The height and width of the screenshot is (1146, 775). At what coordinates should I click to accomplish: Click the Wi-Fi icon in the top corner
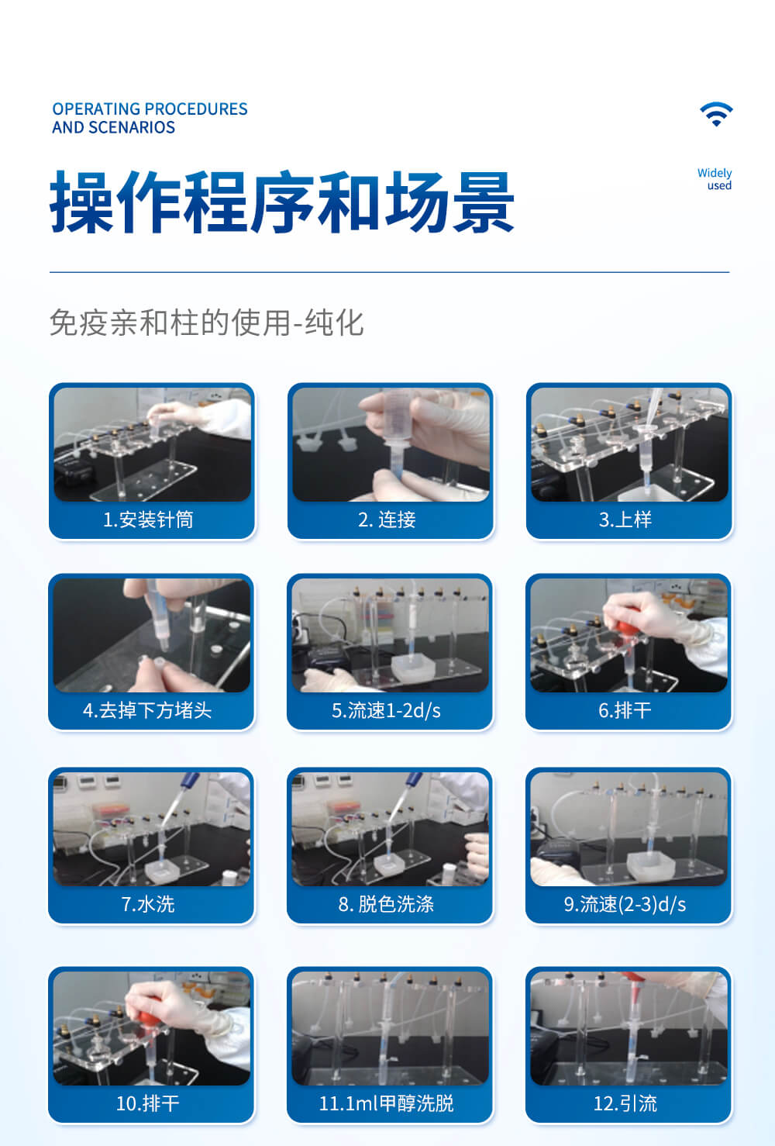tap(716, 114)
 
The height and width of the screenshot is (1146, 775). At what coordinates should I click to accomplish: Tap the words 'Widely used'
tap(715, 179)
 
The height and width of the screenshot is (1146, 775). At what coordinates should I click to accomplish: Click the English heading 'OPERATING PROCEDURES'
tap(150, 109)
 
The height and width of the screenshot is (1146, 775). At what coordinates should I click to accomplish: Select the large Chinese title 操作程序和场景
tap(282, 203)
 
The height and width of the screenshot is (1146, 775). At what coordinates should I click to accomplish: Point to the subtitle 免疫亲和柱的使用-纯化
tap(206, 323)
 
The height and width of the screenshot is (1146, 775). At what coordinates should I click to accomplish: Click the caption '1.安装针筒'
tap(149, 519)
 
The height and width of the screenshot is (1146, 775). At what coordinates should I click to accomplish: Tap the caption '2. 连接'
tap(387, 519)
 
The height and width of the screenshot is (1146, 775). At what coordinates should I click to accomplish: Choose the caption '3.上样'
tap(625, 519)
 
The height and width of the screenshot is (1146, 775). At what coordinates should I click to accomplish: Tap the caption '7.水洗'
tap(148, 904)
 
